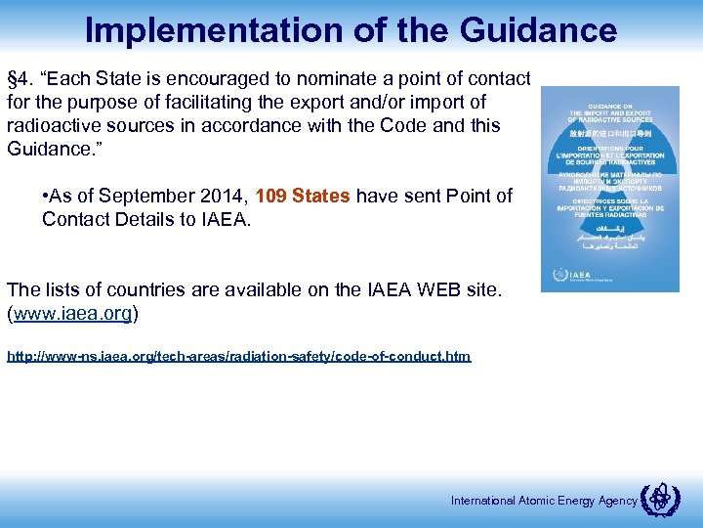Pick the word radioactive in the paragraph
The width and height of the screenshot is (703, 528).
point(54,126)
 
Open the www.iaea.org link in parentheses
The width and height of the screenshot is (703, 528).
point(72,314)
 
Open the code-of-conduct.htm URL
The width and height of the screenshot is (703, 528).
point(238,357)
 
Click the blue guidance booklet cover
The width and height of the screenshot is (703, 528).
point(611,189)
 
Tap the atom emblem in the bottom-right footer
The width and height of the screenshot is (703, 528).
point(657,500)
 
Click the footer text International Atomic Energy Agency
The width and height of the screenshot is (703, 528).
point(543,502)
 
